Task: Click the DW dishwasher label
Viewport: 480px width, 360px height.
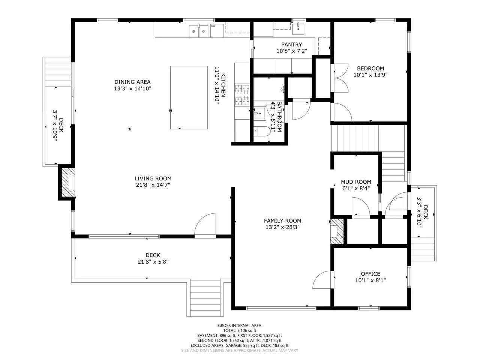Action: (x=213, y=26)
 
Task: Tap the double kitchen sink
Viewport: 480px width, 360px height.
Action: (x=198, y=31)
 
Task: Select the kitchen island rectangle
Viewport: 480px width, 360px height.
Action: (x=189, y=97)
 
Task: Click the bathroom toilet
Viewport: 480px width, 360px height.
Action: (x=261, y=131)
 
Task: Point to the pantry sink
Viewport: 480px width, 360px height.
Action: (x=298, y=29)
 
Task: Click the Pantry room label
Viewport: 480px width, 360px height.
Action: (x=291, y=45)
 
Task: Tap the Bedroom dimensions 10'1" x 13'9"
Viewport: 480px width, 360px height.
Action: (x=370, y=75)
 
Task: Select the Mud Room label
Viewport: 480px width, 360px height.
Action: (x=356, y=182)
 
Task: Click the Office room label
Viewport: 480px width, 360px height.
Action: (x=370, y=274)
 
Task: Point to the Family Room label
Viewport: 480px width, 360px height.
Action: (x=282, y=221)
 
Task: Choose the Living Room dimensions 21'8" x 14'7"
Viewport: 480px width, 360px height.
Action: (x=153, y=185)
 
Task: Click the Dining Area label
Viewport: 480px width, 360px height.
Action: (x=132, y=82)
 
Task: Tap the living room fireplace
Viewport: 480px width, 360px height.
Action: (x=68, y=182)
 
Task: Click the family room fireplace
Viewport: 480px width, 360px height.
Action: (x=337, y=231)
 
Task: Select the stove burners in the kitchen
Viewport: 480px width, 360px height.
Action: (x=242, y=95)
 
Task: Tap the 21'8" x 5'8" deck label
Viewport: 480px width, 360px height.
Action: (x=153, y=262)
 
